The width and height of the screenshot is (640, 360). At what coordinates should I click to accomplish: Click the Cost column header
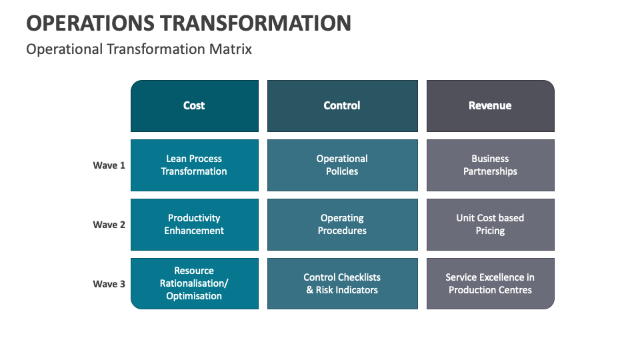coord(194,106)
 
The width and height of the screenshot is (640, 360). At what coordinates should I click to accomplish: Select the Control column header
coord(343,106)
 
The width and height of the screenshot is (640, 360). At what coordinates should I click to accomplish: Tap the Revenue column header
coord(490,106)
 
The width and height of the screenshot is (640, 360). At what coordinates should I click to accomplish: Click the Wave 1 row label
coord(109,165)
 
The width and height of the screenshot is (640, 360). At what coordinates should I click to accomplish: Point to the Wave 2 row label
coord(109,225)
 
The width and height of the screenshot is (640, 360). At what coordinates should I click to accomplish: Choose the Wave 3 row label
coord(109,284)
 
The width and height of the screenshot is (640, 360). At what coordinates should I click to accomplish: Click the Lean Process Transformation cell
coord(194,165)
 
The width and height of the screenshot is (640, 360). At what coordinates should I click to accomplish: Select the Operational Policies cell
coord(343,165)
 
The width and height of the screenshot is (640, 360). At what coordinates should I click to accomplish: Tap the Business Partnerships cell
coord(490,165)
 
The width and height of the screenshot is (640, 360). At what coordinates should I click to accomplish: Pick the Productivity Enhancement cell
coord(194,225)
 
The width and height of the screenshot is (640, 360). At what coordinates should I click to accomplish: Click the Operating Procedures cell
coord(343,225)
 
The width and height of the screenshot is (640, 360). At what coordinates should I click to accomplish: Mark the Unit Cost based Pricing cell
coord(490,225)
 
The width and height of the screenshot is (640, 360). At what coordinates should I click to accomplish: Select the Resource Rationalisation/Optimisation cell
coord(194,284)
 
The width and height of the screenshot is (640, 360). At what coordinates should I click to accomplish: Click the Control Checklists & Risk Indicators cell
coord(343,284)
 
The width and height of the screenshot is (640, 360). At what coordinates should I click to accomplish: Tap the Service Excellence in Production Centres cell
coord(490,284)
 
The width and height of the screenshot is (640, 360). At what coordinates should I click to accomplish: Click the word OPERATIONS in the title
coord(90,23)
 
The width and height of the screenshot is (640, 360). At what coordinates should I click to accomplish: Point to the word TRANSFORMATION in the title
coord(255,23)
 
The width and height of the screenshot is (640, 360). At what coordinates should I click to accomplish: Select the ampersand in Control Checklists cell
coord(310,290)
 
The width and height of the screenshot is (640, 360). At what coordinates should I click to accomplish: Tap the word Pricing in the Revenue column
coord(490,231)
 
